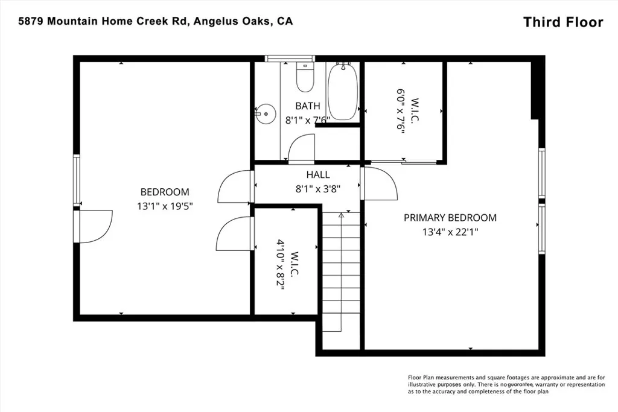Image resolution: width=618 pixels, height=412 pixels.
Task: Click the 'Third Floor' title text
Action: [x=562, y=22]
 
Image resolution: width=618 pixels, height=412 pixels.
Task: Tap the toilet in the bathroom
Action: [x=304, y=78]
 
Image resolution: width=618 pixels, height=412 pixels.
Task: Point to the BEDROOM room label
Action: [x=165, y=192]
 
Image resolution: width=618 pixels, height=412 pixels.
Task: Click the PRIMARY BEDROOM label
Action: [x=450, y=218]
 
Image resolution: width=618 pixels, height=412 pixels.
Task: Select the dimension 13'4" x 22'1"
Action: [x=450, y=231]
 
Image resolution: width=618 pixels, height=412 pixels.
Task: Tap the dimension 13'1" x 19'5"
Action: [x=165, y=205]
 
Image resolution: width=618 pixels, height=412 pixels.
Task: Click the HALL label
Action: [x=317, y=175]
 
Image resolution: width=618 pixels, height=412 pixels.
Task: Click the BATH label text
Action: [x=307, y=106]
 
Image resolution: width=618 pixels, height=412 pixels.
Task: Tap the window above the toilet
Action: [x=286, y=59]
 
